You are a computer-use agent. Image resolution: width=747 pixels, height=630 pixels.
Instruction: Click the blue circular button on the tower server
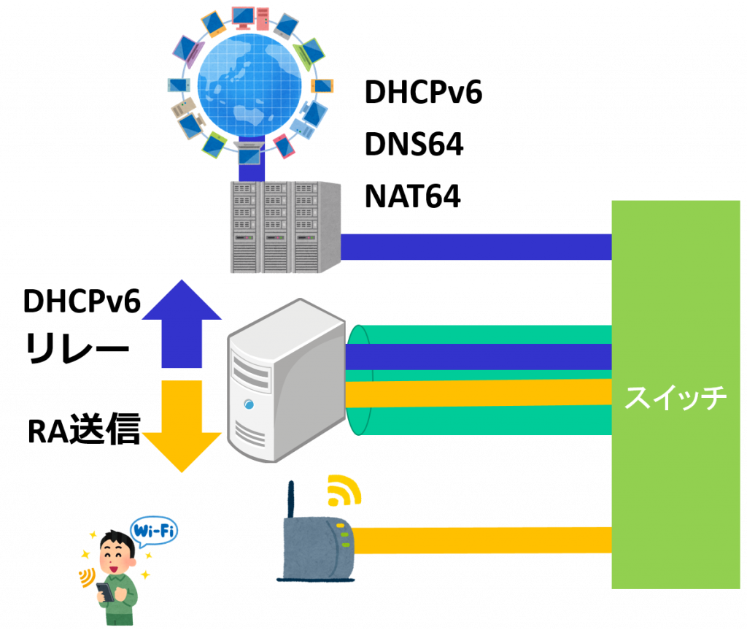coord(249,404)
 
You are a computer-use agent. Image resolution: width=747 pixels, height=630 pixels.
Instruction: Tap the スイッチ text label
coord(676,398)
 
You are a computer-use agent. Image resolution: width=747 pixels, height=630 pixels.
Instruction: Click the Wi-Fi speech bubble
coord(154,531)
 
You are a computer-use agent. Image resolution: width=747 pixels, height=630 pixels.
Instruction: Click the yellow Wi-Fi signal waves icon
coord(343,491)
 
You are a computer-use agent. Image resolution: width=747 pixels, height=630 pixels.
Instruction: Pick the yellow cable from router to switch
coord(481,541)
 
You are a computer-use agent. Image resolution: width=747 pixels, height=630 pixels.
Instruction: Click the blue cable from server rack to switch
coord(474,247)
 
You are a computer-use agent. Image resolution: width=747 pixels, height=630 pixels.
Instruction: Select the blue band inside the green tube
coord(481,356)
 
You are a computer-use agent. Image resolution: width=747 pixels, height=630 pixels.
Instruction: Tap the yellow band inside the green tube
coord(481,393)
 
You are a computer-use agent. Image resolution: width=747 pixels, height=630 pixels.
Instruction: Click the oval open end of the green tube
coord(358,380)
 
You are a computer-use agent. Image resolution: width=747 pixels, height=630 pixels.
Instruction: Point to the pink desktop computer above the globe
coord(244,15)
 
